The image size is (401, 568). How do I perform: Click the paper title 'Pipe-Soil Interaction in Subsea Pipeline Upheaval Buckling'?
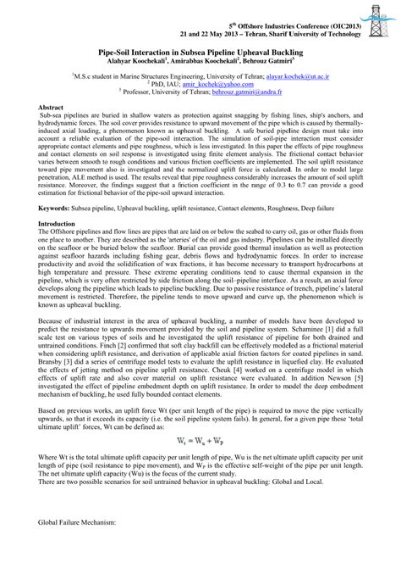coord(201,53)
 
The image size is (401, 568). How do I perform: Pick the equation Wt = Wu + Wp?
coord(201,440)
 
